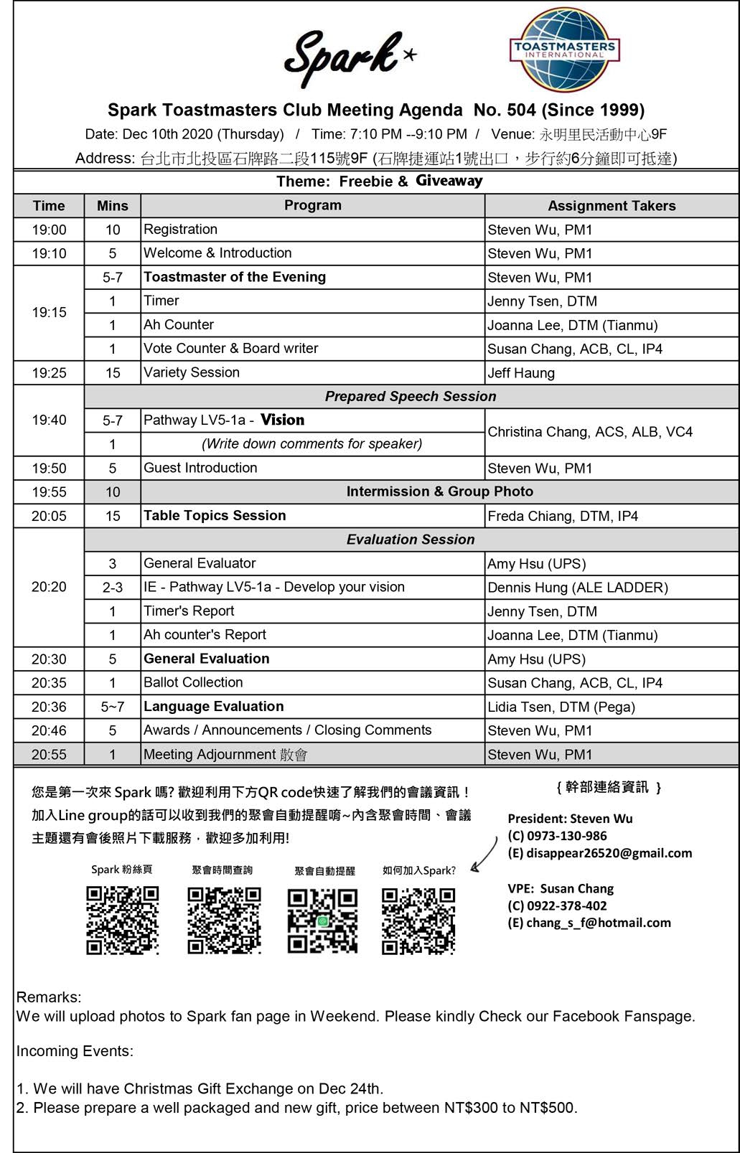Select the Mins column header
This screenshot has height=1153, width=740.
112,206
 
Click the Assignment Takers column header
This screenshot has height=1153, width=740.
612,206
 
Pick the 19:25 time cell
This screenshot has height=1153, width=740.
49,373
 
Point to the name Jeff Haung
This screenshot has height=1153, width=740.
521,373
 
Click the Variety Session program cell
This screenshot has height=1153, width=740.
192,372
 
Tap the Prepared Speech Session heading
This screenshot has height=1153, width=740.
411,397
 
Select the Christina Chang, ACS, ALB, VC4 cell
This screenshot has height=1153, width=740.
590,432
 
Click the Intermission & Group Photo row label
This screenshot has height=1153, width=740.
439,491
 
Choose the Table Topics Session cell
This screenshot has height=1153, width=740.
215,515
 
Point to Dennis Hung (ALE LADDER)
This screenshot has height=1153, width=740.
578,588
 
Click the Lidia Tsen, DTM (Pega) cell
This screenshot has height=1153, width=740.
561,707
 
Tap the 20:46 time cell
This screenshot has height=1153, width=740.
49,730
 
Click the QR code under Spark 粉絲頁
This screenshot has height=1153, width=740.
122,921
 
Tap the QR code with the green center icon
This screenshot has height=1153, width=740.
322,921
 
